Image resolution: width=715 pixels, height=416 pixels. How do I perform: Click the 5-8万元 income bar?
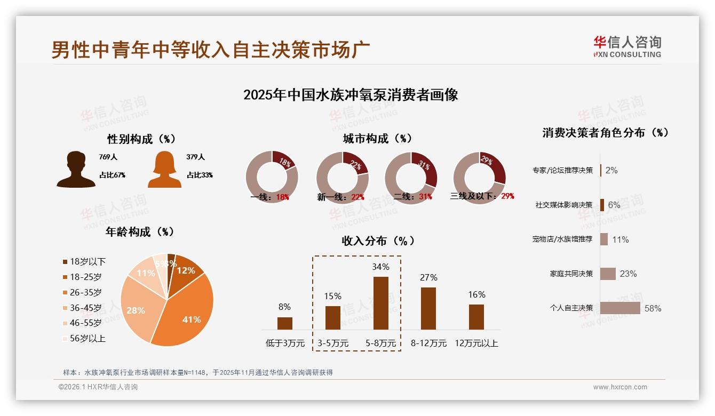coord(380,303)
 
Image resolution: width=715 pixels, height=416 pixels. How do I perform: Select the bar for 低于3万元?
coord(285,323)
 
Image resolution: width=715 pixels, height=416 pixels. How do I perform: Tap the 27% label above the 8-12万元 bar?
coord(428,277)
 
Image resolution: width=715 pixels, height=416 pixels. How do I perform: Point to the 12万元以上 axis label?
coord(476,343)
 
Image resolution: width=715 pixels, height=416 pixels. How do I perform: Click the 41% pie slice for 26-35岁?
coord(187,315)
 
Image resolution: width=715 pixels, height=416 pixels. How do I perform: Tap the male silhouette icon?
coord(76,169)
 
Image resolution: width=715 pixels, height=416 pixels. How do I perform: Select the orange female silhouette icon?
coord(164,169)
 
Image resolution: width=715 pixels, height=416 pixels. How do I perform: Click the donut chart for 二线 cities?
coord(411,177)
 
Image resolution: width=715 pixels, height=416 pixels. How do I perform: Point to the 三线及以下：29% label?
coord(482,196)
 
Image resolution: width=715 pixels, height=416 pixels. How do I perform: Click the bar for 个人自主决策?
coord(620,308)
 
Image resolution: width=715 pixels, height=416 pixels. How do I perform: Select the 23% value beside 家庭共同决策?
coord(628,274)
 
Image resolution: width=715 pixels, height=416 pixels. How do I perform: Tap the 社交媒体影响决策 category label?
coord(564,205)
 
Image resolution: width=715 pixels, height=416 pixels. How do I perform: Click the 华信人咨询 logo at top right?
coord(627,47)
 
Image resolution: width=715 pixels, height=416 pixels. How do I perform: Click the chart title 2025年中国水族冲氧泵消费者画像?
coord(351,95)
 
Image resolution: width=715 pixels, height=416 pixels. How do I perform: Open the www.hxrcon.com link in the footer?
coord(620,387)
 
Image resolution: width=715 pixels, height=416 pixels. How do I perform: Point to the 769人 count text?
coord(108,157)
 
